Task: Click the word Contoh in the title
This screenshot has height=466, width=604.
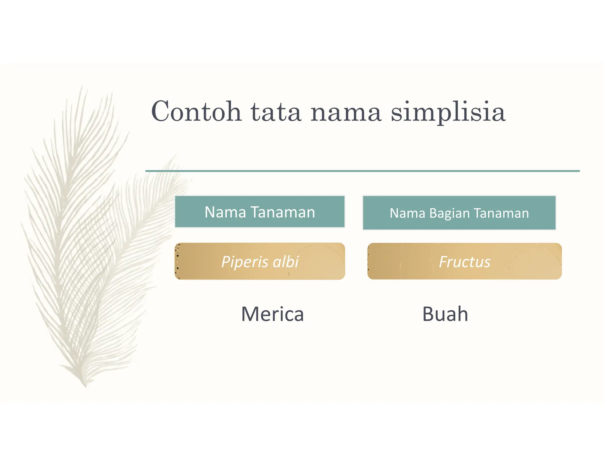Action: tap(196, 112)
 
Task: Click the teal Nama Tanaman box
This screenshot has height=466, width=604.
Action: tap(260, 211)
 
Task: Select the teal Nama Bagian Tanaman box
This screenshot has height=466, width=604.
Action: tap(459, 213)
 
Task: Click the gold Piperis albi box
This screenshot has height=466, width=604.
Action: tap(260, 261)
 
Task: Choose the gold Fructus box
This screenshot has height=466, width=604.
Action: tap(465, 261)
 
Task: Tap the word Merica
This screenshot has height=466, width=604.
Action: tap(272, 314)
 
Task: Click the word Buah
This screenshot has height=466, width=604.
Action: tap(445, 314)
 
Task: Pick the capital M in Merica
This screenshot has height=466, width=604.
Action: tap(250, 314)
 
